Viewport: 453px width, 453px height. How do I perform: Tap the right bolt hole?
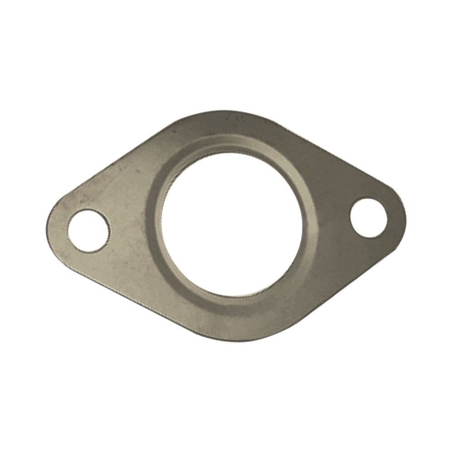(x=369, y=217)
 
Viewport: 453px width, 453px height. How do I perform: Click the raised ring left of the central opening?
(x=154, y=226)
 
